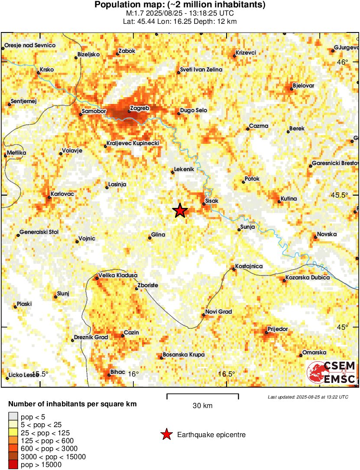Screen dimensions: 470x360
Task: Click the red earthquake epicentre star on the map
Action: click(180, 211)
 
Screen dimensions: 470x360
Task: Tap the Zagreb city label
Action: click(139, 108)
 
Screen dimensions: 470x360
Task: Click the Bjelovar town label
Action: click(303, 85)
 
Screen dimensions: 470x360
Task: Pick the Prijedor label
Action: click(278, 329)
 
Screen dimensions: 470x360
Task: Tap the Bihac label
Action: click(118, 372)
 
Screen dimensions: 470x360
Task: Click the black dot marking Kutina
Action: click(279, 201)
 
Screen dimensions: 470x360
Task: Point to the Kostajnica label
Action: click(249, 266)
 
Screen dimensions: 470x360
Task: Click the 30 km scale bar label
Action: click(202, 406)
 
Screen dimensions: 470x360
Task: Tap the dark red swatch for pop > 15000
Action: click(13, 465)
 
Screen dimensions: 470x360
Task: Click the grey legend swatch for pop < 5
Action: click(13, 417)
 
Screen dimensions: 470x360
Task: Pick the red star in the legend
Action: click(166, 434)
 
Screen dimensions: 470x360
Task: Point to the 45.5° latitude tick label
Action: click(347, 195)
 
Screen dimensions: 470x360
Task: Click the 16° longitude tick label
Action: click(133, 374)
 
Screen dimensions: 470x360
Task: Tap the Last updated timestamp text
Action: click(308, 397)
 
